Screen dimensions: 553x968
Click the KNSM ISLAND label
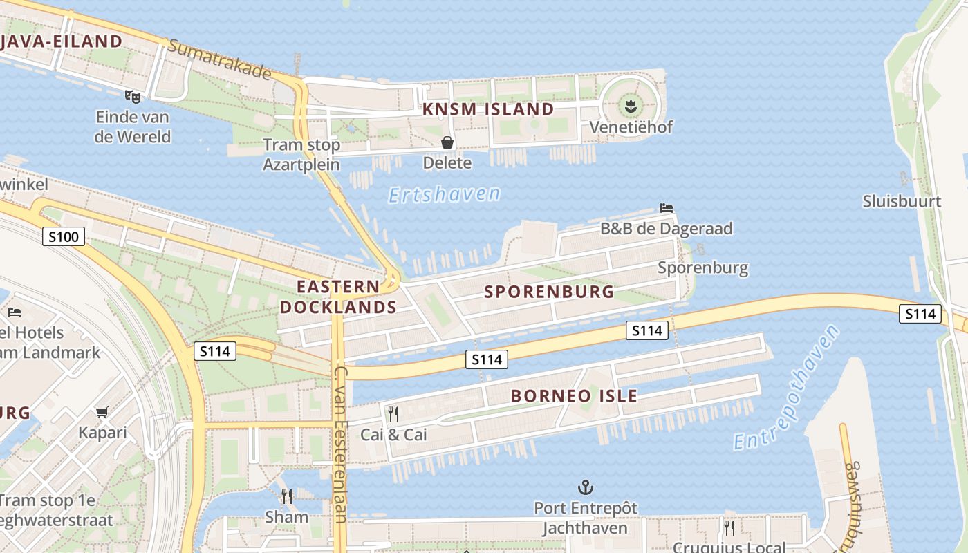click(x=488, y=109)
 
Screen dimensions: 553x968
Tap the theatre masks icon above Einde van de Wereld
click(x=132, y=96)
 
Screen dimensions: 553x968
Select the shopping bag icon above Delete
click(x=447, y=142)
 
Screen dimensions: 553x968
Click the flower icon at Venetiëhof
click(x=631, y=106)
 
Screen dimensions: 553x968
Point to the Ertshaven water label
click(x=444, y=195)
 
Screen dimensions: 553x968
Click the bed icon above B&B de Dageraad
click(x=667, y=207)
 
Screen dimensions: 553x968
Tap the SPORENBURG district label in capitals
click(x=549, y=292)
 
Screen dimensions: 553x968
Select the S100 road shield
click(x=64, y=237)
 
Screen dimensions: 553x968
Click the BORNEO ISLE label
click(x=574, y=396)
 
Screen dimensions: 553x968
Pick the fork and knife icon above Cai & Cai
click(x=393, y=414)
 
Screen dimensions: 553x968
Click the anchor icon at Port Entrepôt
click(x=585, y=488)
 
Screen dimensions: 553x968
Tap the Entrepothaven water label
click(x=786, y=388)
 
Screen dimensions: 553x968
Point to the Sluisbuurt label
click(x=902, y=201)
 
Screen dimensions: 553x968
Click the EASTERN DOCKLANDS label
click(x=339, y=297)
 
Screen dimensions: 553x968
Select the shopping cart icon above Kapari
click(x=102, y=413)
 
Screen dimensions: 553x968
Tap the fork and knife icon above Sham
click(x=287, y=496)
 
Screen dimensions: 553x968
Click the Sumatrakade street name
click(x=220, y=59)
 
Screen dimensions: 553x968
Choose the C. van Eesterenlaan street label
click(x=340, y=442)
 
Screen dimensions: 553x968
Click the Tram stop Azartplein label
click(x=301, y=155)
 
